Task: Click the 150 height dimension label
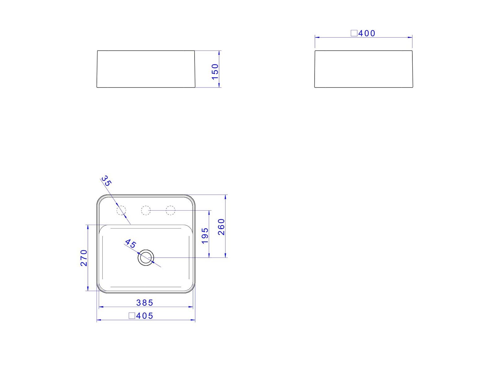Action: click(215, 72)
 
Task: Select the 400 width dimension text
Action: click(367, 33)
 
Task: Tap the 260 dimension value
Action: click(221, 227)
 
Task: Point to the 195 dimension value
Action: click(205, 236)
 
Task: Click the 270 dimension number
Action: click(84, 258)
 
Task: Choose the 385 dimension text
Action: click(144, 303)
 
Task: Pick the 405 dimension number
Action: click(144, 316)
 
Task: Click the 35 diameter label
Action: click(106, 181)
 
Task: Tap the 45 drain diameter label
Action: click(130, 244)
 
